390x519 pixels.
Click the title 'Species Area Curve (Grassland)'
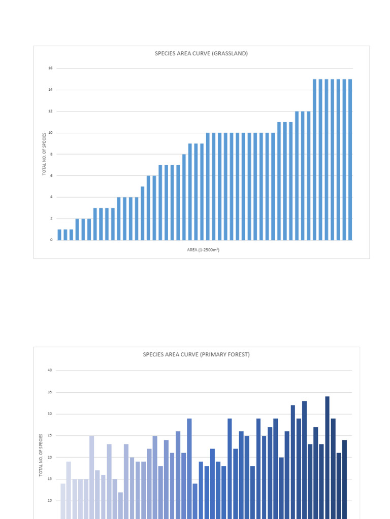click(201, 53)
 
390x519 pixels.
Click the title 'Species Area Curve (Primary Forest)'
click(196, 355)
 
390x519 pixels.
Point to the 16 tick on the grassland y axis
click(50, 68)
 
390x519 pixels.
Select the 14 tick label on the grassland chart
click(50, 90)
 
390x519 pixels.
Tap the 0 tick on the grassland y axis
click(51, 240)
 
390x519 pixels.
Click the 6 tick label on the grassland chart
click(51, 175)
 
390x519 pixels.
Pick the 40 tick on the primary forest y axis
click(50, 370)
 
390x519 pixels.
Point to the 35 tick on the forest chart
click(50, 392)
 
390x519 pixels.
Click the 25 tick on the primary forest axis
click(50, 436)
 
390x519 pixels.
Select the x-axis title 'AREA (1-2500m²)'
click(203, 250)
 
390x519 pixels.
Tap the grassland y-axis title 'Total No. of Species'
click(44, 154)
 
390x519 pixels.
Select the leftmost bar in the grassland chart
click(59, 235)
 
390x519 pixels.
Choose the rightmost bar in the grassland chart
click(350, 160)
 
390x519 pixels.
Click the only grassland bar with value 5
click(143, 213)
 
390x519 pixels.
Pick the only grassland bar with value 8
click(184, 197)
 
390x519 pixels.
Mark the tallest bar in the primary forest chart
click(328, 456)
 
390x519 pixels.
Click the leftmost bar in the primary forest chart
click(63, 499)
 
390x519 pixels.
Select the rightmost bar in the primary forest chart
click(345, 476)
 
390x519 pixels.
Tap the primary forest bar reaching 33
click(304, 456)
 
